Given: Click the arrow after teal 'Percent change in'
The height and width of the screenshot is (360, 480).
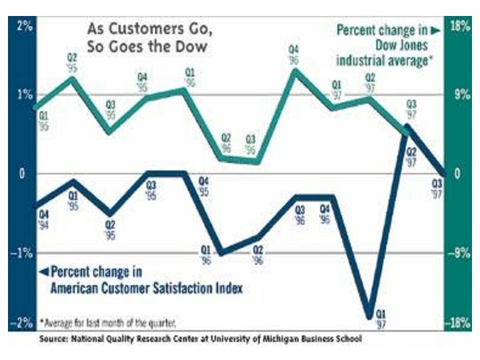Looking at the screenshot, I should [434, 30].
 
